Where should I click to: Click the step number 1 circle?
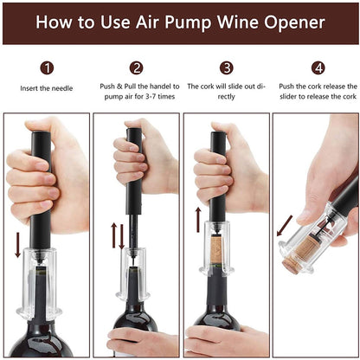coord(47,67)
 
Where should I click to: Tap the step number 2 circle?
coord(137,67)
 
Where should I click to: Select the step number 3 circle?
coord(226,67)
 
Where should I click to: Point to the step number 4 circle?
coord(318,67)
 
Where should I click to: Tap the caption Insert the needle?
coord(47,87)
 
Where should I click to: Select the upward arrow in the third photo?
coord(198,220)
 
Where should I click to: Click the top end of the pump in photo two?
coord(134,133)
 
